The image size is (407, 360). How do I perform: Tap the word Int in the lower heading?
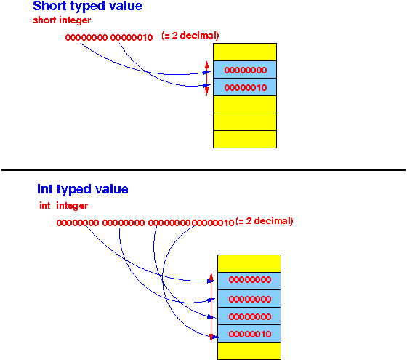pos(45,188)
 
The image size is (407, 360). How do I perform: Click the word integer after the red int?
pos(72,206)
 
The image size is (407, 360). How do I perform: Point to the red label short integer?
pos(62,20)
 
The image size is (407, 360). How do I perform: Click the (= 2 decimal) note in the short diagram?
pos(190,36)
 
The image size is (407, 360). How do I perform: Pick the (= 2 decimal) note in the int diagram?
pos(265,221)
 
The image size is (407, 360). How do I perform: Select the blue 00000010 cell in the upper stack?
pos(245,87)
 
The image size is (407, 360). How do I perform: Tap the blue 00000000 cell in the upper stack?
pos(245,70)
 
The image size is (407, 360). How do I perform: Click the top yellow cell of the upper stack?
pos(245,52)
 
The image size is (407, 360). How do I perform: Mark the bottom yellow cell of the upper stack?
pos(245,139)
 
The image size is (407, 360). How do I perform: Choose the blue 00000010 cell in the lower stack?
pos(249,334)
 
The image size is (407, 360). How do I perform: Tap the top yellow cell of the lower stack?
pos(249,263)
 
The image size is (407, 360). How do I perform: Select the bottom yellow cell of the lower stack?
pos(249,351)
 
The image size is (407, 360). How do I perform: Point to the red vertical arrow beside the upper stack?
pos(207,79)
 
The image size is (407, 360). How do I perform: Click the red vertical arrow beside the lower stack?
pos(211,308)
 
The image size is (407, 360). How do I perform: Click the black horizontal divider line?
pos(203,170)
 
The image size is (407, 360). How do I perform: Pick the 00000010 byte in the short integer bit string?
pos(132,37)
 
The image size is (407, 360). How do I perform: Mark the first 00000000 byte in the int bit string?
pos(78,223)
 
